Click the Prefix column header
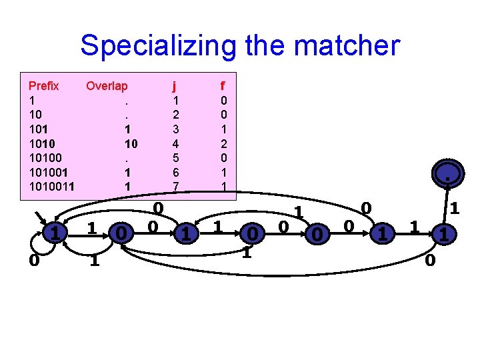pyautogui.click(x=43, y=86)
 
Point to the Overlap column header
pyautogui.click(x=107, y=86)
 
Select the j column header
pyautogui.click(x=174, y=86)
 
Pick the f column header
pyautogui.click(x=223, y=86)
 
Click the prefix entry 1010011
pyautogui.click(x=51, y=187)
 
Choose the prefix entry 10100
pyautogui.click(x=44, y=158)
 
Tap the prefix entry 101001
pyautogui.click(x=47, y=172)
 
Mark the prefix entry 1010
pyautogui.click(x=41, y=143)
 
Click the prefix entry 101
pyautogui.click(x=38, y=129)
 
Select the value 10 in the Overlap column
pyautogui.click(x=131, y=143)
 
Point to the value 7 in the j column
pyautogui.click(x=175, y=187)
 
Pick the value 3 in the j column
pyautogui.click(x=175, y=129)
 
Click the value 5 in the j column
pyautogui.click(x=175, y=158)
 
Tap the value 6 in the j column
pyautogui.click(x=175, y=172)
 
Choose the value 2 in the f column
pyautogui.click(x=223, y=143)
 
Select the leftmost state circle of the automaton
pyautogui.click(x=56, y=233)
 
